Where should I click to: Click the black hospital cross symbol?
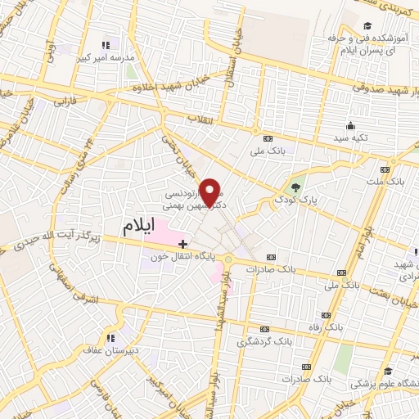coord(182,243)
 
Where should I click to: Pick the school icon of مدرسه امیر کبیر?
coord(105,46)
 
